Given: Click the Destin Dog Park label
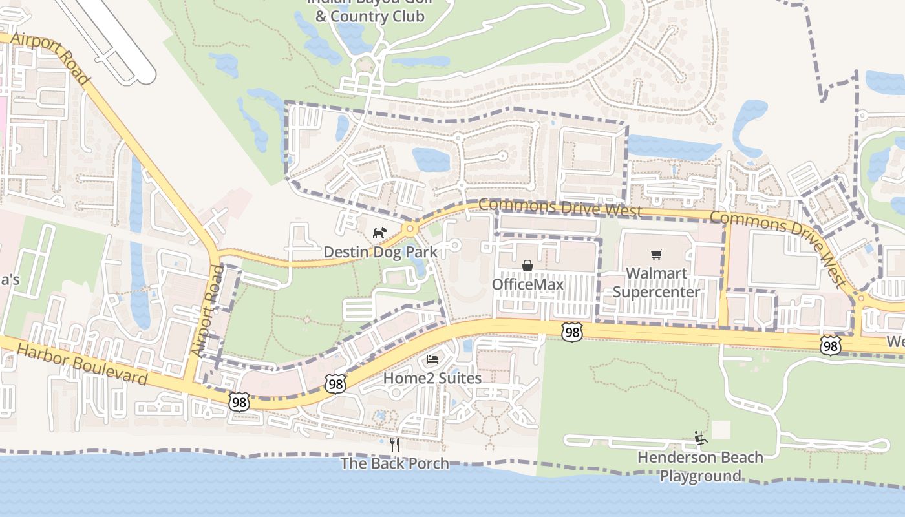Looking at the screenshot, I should coord(380,252).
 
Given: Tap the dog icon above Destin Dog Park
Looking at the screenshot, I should coord(379,233).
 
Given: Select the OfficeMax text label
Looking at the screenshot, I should coord(527,284).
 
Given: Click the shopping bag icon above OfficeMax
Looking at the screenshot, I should coord(527,266).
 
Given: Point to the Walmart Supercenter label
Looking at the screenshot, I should coord(656,282).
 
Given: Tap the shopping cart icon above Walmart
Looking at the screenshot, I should coord(657,255).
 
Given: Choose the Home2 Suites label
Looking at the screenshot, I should coord(432,377).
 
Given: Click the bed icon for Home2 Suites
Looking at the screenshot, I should coord(432,359).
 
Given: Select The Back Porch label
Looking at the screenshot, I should coord(394,463).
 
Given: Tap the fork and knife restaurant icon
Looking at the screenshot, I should coord(395,444).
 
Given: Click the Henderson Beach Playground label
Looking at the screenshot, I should coord(700,467).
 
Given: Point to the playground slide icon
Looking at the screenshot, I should coord(700,438).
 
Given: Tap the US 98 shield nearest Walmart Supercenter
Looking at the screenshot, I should coord(571,332).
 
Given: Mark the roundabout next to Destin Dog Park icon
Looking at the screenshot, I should coord(409,228).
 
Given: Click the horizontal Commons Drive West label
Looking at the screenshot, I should coord(560,207).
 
